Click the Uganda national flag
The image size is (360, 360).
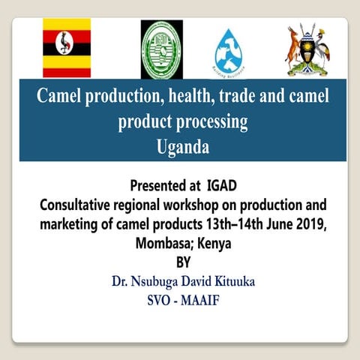66,48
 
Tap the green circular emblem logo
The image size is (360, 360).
161,49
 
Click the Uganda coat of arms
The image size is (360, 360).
307,50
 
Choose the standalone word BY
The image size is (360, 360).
183,262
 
